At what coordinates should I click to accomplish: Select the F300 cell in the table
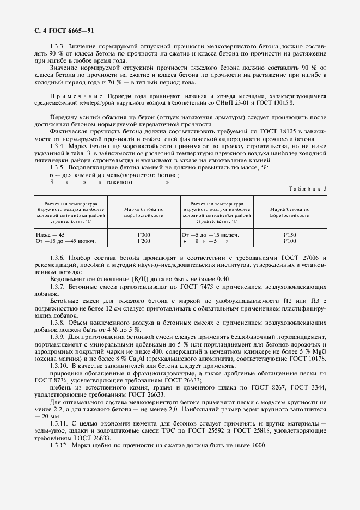(x=144, y=234)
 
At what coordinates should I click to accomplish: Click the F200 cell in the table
(x=144, y=240)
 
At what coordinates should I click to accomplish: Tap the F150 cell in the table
(x=290, y=234)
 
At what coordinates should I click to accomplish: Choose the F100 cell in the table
(x=290, y=240)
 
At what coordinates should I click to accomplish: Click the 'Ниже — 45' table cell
(x=50, y=234)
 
